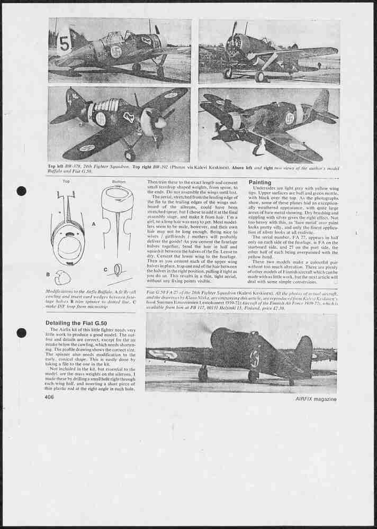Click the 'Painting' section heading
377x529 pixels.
pyautogui.click(x=260, y=182)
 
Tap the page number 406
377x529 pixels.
pyautogui.click(x=49, y=397)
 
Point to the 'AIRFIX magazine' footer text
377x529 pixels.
pyautogui.click(x=316, y=399)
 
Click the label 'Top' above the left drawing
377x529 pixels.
pyautogui.click(x=66, y=181)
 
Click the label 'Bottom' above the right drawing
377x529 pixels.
pyautogui.click(x=119, y=181)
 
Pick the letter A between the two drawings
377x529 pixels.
pyautogui.click(x=94, y=224)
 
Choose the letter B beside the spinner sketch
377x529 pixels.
pyautogui.click(x=48, y=275)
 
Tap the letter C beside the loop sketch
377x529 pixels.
pyautogui.click(x=105, y=269)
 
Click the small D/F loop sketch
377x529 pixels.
pyautogui.click(x=118, y=270)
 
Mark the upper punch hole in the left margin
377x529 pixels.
pyautogui.click(x=21, y=191)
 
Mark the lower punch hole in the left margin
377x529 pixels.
pyautogui.click(x=21, y=333)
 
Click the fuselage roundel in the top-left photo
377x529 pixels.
pyautogui.click(x=116, y=51)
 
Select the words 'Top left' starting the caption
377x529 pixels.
pyautogui.click(x=57, y=166)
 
